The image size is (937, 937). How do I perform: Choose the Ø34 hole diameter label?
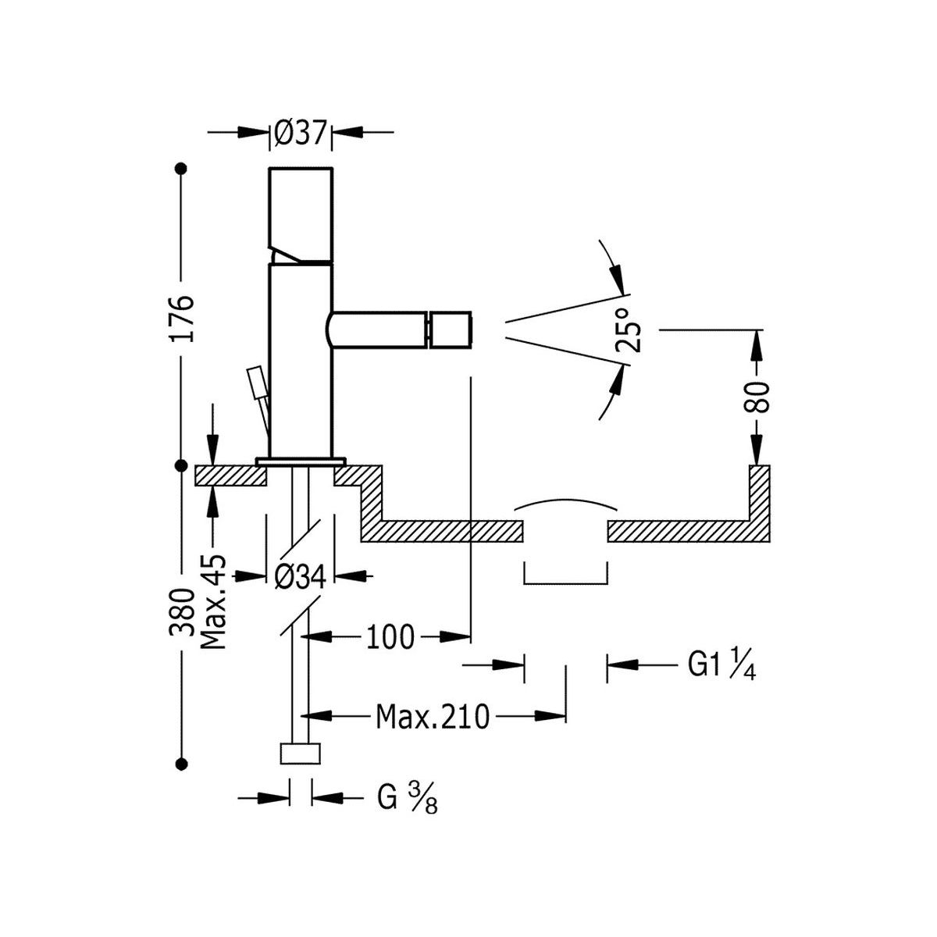(x=300, y=576)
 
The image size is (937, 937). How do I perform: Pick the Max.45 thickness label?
(x=212, y=601)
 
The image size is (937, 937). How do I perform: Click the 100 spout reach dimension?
(x=389, y=637)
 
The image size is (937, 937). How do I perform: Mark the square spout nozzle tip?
(x=451, y=330)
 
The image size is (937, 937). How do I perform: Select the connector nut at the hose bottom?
(x=300, y=754)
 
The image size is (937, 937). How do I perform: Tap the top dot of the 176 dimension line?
(x=182, y=168)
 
